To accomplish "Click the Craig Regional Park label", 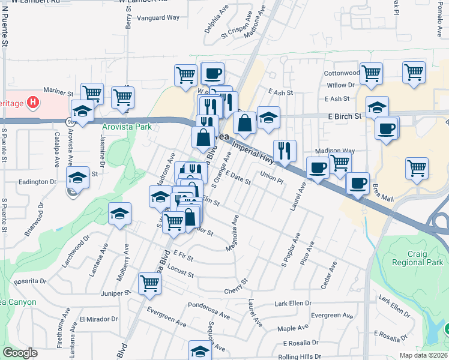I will tap(425, 257).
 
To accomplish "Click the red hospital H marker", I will tap(33, 103).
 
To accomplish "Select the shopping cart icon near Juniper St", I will tap(149, 283).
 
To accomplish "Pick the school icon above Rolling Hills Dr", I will tap(200, 350).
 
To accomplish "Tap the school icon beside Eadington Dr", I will tap(77, 177).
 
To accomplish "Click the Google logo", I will tap(20, 353).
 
